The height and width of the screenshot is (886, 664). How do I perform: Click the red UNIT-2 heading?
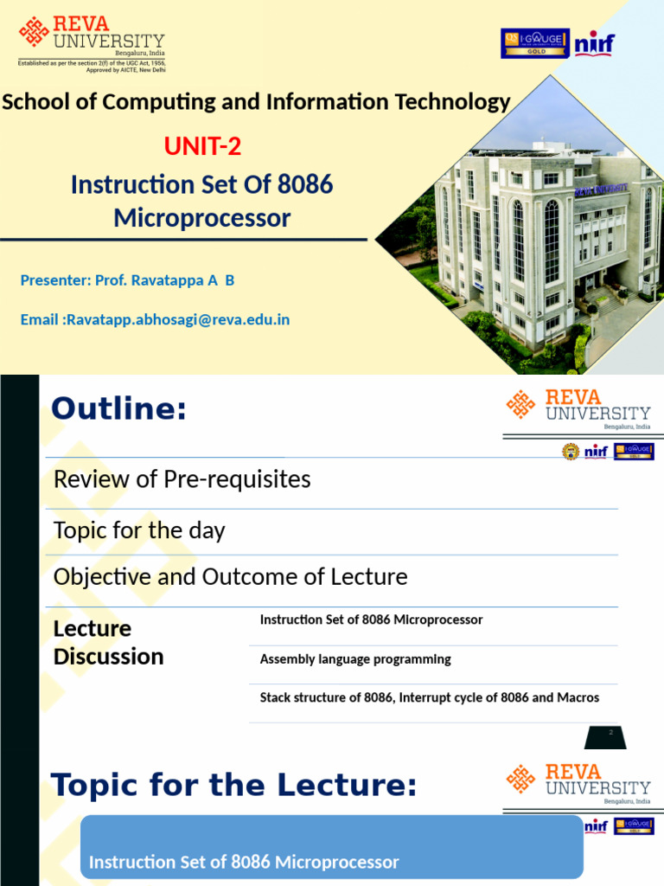tap(202, 147)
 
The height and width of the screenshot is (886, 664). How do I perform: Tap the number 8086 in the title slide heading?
tap(305, 184)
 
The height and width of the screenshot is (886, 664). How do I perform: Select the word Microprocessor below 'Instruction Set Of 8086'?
tap(201, 218)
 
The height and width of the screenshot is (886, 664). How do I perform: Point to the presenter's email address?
tap(178, 319)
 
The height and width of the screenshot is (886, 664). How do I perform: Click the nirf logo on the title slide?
tap(596, 42)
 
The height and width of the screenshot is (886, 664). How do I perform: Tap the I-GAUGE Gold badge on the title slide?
tap(534, 42)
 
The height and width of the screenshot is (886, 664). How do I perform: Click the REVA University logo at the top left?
tap(91, 39)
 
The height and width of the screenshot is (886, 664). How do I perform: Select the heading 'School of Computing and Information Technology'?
tap(256, 102)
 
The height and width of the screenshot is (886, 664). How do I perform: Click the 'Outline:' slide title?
tap(118, 408)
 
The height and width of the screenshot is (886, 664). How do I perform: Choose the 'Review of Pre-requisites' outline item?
tap(182, 479)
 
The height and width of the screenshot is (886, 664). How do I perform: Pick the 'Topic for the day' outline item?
tap(139, 530)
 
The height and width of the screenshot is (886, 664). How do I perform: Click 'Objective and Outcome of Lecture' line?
tap(230, 576)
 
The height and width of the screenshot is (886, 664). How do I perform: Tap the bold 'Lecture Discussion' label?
tap(108, 642)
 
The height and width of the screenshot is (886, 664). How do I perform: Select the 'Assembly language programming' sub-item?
tap(355, 659)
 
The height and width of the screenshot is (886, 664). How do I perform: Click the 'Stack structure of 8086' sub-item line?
tap(429, 697)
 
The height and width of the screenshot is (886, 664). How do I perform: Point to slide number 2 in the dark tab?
tap(610, 733)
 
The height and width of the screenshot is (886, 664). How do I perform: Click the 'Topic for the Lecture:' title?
tap(233, 786)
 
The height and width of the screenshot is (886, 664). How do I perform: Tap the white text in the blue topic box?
tap(244, 862)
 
